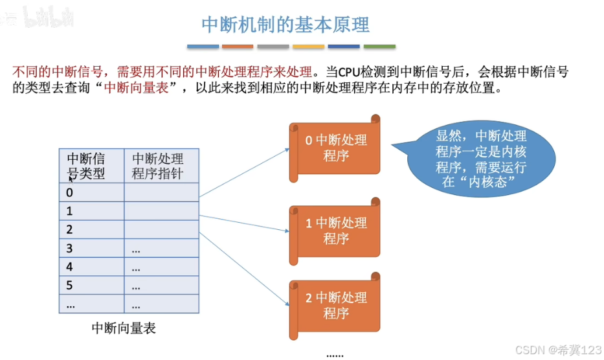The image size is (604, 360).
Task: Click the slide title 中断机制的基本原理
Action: pos(285,25)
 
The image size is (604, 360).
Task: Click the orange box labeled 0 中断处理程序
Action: pos(335,148)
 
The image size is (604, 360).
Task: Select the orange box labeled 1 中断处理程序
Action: pos(335,231)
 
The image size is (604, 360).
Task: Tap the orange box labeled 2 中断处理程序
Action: pos(335,306)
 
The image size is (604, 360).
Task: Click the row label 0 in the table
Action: pos(70,192)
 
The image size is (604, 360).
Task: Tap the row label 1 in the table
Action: pos(70,211)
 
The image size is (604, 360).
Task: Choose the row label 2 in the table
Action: pos(70,230)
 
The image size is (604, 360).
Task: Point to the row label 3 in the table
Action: pos(70,249)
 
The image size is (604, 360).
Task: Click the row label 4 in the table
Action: pos(70,267)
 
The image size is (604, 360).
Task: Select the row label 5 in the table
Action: pos(70,285)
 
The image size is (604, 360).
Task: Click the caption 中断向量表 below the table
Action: pos(124,328)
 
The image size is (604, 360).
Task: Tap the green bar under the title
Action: pos(379,47)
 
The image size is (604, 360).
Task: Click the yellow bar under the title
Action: pos(308,47)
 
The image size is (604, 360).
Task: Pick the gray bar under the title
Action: pos(273,47)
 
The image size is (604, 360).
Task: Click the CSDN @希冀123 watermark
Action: pos(554,349)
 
